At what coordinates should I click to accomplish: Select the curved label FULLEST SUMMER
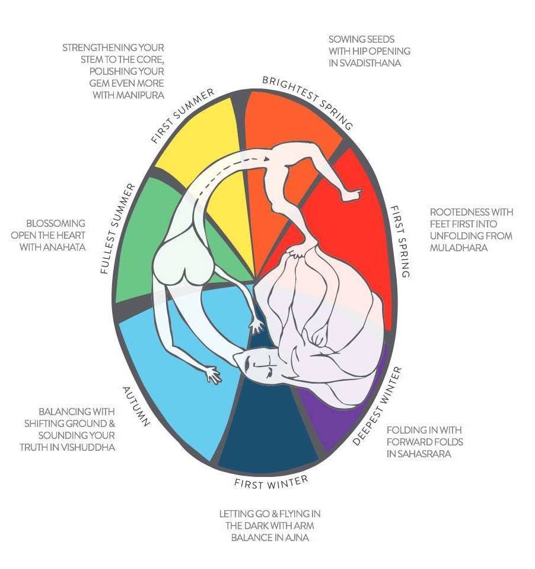[119, 228]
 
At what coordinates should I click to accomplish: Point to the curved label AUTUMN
[136, 407]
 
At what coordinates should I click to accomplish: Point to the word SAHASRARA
[422, 454]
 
